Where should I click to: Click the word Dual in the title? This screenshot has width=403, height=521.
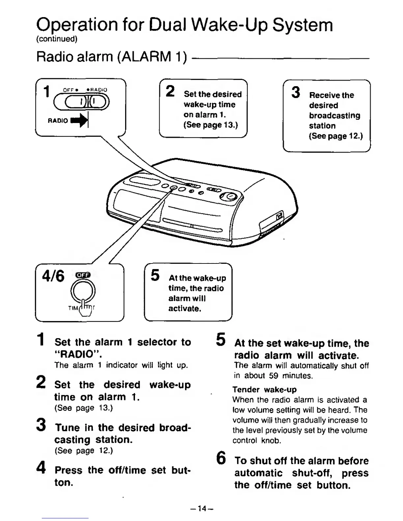[168, 25]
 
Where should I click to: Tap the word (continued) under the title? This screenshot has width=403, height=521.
[57, 39]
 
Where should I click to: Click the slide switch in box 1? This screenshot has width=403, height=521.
[81, 102]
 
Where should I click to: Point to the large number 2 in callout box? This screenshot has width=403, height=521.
[170, 91]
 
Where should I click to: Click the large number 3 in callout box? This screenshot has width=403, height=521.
[296, 92]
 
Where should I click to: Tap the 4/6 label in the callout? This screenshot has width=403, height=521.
[53, 276]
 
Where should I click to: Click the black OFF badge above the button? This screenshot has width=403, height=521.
[83, 275]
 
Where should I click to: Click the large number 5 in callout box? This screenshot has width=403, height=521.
[155, 275]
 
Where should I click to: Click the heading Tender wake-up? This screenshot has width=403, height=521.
[264, 390]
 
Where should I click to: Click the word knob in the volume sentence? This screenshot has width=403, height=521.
[271, 440]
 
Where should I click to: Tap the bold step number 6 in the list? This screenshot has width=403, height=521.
[221, 458]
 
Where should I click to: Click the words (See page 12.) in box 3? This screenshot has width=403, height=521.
[336, 136]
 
